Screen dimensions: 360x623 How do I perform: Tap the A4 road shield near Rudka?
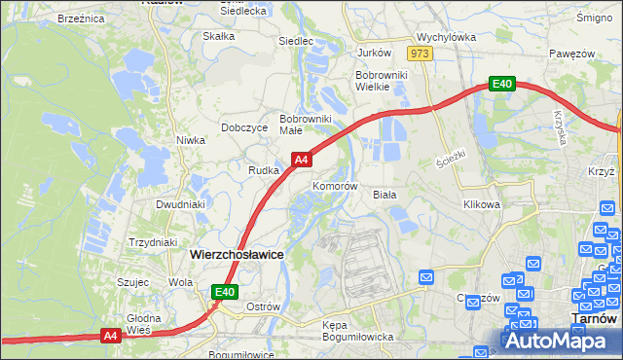click(x=302, y=159)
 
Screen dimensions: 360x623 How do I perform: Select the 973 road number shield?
click(x=420, y=54)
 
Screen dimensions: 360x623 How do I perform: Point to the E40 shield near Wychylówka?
click(x=501, y=85)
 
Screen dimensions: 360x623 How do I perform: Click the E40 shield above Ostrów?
click(x=225, y=291)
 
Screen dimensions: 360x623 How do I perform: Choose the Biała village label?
click(x=385, y=194)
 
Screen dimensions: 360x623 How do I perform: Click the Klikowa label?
click(x=481, y=205)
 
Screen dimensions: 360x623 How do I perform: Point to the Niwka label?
click(x=191, y=140)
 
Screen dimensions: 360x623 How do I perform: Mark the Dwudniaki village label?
click(x=180, y=205)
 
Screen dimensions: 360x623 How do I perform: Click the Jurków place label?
click(x=374, y=53)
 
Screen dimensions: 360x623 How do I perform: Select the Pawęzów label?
click(x=570, y=53)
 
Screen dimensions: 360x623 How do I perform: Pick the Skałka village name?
click(x=218, y=37)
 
